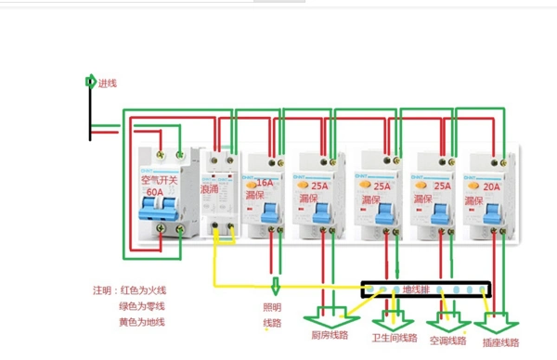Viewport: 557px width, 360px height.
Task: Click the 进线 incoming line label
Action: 108,84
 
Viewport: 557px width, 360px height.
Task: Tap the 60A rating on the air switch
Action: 154,192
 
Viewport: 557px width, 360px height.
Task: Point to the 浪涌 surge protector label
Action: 210,187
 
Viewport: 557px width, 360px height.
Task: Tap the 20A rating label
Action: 488,186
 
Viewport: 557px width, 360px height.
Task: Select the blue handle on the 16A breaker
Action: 269,214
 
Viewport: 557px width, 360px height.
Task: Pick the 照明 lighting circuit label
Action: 274,307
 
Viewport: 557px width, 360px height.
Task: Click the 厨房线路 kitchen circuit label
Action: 330,335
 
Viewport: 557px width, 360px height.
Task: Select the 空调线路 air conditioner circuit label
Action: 448,341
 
